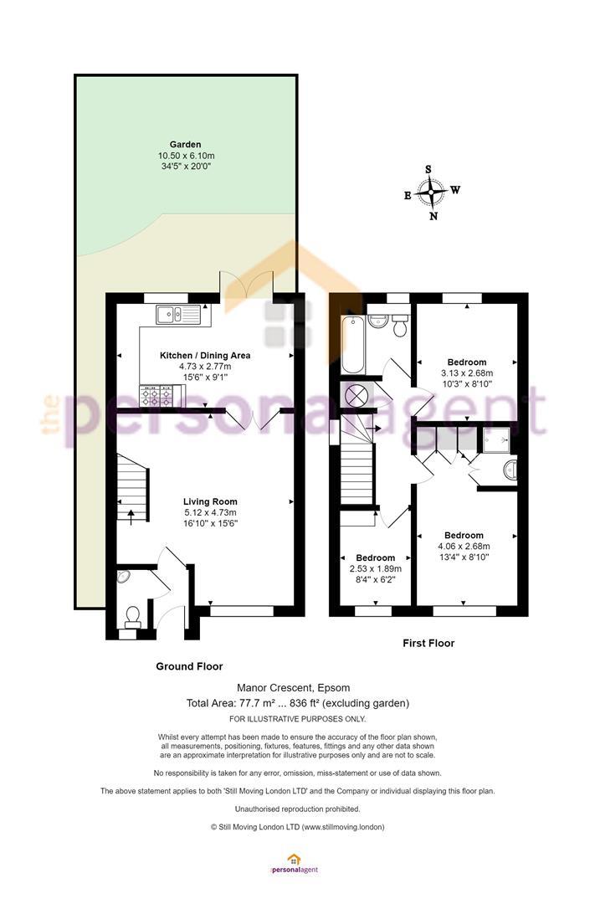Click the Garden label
pyautogui.click(x=185, y=145)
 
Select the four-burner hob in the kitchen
pyautogui.click(x=156, y=395)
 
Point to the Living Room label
pyautogui.click(x=210, y=501)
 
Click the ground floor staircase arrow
pyautogui.click(x=130, y=516)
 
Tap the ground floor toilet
pyautogui.click(x=133, y=617)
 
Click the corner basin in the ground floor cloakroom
pyautogui.click(x=123, y=577)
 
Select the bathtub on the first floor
pyautogui.click(x=352, y=344)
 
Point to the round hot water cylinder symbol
pyautogui.click(x=356, y=395)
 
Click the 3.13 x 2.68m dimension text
pyautogui.click(x=466, y=373)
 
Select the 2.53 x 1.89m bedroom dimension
pyautogui.click(x=376, y=568)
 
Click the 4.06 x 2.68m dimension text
pyautogui.click(x=464, y=546)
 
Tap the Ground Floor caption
pyautogui.click(x=189, y=666)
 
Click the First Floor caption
pyautogui.click(x=428, y=644)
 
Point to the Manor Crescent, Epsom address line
pyautogui.click(x=294, y=688)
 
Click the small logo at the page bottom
pyautogui.click(x=294, y=864)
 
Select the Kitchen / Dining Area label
pyautogui.click(x=205, y=356)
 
